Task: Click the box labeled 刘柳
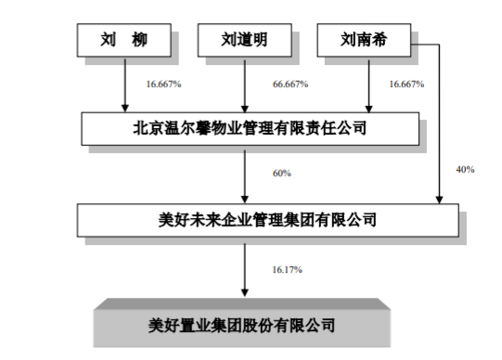123,40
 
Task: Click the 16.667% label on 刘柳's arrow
163,84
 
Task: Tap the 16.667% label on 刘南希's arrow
405,84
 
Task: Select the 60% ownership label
282,173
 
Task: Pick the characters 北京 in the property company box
146,129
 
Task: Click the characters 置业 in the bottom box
200,326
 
